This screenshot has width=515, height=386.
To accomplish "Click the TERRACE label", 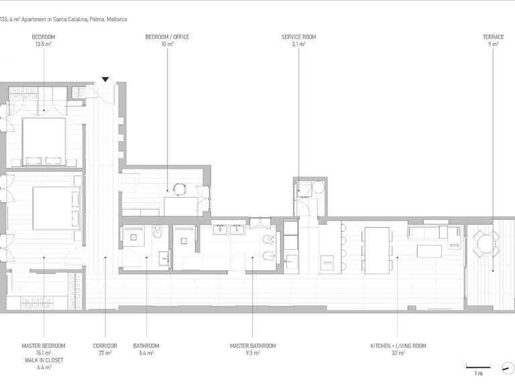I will tap(494, 37).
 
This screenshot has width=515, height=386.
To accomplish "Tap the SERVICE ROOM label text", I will tap(298, 37).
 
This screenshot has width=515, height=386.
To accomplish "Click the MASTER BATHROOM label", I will tap(253, 346).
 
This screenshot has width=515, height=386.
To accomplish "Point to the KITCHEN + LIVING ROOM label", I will tap(398, 346).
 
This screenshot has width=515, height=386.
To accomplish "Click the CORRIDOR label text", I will tap(105, 346).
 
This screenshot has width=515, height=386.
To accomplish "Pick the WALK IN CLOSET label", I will tap(44, 360).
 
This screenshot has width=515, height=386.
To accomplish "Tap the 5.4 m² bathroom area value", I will tap(146, 353).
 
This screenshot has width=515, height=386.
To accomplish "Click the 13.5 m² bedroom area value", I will tap(44, 44).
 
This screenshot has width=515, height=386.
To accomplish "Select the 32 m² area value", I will tap(398, 353).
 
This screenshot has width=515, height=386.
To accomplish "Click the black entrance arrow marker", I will tap(105, 80).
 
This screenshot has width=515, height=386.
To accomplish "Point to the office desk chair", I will tap(178, 190).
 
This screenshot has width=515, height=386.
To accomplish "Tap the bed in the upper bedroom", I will tap(44, 141).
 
